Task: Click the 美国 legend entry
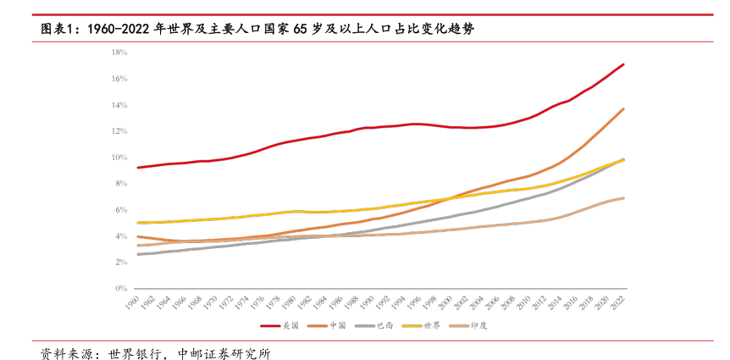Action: click(x=290, y=325)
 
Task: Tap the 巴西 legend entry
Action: click(x=385, y=325)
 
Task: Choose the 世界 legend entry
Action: click(x=432, y=325)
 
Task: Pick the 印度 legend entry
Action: click(x=479, y=325)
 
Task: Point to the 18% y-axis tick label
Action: click(x=119, y=53)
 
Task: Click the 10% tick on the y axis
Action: click(x=119, y=158)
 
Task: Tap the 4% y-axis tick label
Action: click(x=120, y=236)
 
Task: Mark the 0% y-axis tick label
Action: click(x=120, y=289)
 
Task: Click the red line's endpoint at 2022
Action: click(x=624, y=64)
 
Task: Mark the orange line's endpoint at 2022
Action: click(x=624, y=108)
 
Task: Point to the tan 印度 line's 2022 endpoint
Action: click(x=624, y=198)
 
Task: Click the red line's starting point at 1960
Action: click(x=137, y=168)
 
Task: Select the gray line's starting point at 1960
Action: click(x=137, y=254)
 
